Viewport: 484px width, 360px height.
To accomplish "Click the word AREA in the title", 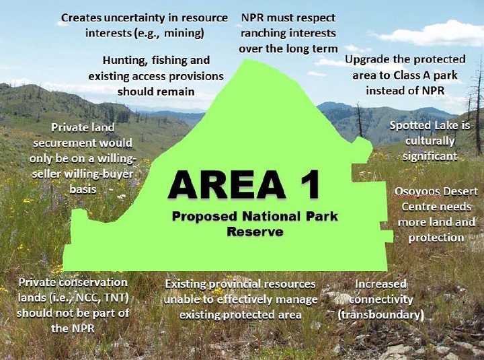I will (x=223, y=185).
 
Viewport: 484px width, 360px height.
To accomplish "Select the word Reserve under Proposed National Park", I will (x=255, y=231).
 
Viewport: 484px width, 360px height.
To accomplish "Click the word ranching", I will (x=268, y=33).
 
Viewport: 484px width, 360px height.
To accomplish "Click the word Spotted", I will (x=410, y=127).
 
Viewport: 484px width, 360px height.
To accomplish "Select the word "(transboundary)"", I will (x=380, y=314).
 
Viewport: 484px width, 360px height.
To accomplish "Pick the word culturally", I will (x=430, y=141).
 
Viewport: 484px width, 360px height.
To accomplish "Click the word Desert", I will (x=456, y=191).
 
